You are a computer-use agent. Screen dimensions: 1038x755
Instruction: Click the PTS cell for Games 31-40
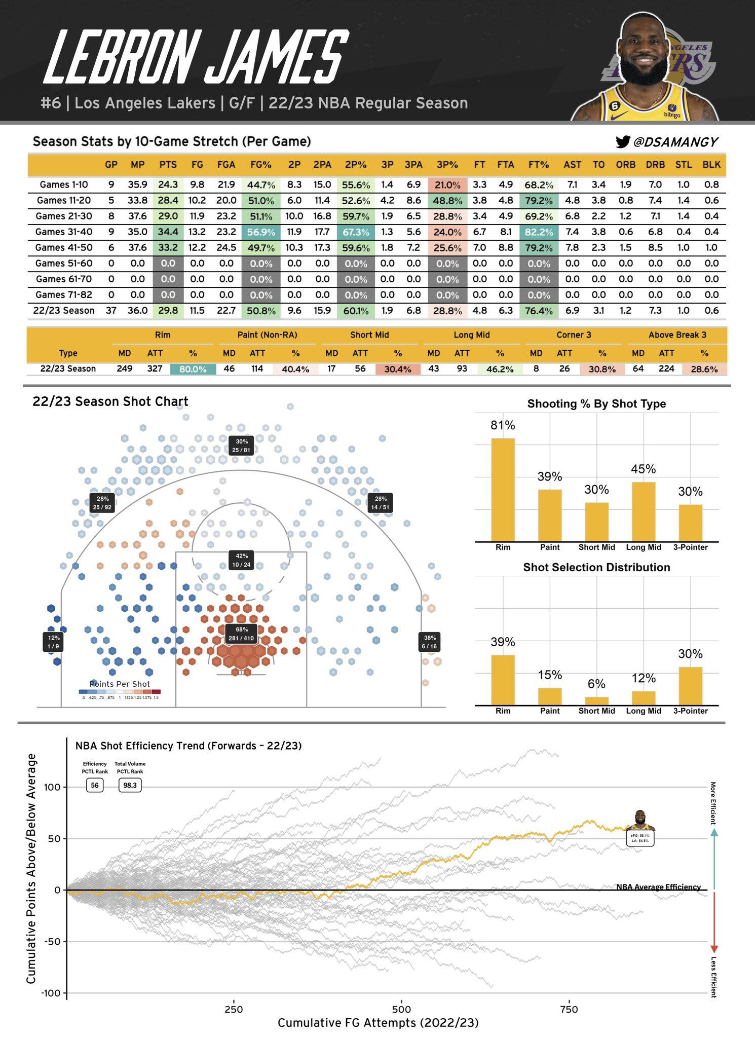[x=168, y=232]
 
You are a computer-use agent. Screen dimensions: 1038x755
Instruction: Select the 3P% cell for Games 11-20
[x=447, y=201]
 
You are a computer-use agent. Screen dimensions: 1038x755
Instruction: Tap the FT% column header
[x=538, y=165]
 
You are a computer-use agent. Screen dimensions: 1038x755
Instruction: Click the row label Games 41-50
[x=64, y=248]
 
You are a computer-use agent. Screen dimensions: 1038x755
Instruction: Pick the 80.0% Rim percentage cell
[x=193, y=369]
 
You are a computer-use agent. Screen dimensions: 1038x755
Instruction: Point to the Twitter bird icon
[x=622, y=142]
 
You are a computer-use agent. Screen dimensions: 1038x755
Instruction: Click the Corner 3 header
[x=574, y=335]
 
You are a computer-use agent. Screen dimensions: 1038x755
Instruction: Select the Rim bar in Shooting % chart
[x=503, y=490]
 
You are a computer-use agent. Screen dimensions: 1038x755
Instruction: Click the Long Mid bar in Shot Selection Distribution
[x=643, y=698]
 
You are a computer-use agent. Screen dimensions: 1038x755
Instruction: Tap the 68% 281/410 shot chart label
[x=241, y=634]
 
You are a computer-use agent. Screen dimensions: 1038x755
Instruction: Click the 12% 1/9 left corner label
[x=53, y=642]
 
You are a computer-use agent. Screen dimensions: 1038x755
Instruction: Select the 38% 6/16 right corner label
[x=429, y=642]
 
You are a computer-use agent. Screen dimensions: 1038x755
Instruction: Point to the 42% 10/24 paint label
[x=241, y=560]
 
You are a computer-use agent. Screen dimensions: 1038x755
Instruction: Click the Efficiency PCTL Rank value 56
[x=95, y=786]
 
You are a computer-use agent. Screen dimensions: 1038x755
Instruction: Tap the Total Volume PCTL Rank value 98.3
[x=130, y=786]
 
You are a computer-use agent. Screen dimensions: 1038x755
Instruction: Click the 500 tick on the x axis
[x=401, y=1009]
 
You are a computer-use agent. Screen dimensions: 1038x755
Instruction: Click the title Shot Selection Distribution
[x=596, y=568]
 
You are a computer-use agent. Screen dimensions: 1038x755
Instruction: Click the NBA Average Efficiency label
[x=658, y=887]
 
